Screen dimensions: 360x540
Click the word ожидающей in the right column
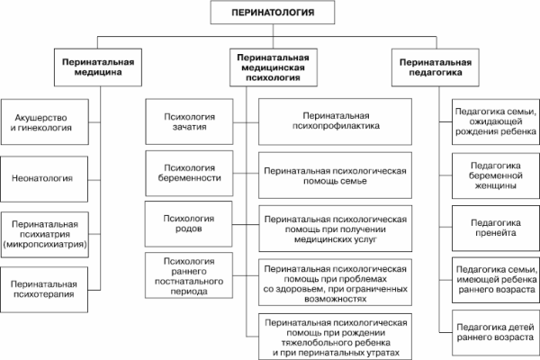[491, 121]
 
